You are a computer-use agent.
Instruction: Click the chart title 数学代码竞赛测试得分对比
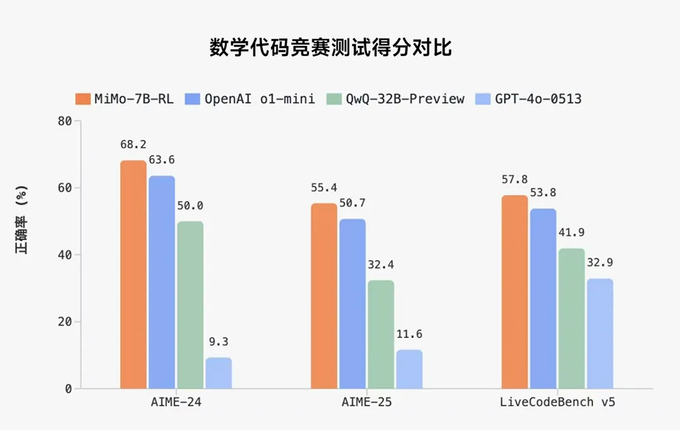tap(331, 48)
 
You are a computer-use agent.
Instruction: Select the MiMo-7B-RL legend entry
tap(124, 99)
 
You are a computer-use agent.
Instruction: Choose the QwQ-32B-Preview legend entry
tap(395, 99)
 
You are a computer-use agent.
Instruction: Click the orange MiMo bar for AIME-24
tap(133, 274)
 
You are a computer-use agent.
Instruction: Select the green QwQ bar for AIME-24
tap(190, 305)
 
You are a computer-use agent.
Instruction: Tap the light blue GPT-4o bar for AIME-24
tap(218, 373)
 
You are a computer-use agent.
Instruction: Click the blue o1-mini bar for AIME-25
tap(352, 303)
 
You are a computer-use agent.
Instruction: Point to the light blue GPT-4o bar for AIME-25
tap(409, 369)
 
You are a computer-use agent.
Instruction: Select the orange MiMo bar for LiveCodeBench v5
tap(514, 291)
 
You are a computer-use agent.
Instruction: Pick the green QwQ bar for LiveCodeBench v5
tap(572, 319)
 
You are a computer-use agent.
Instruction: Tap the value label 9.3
tap(218, 342)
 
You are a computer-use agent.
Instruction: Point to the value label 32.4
tap(381, 265)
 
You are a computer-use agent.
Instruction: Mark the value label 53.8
tap(543, 193)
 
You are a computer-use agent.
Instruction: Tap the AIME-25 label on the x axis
tap(366, 402)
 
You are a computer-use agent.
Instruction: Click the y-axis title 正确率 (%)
tap(23, 220)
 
